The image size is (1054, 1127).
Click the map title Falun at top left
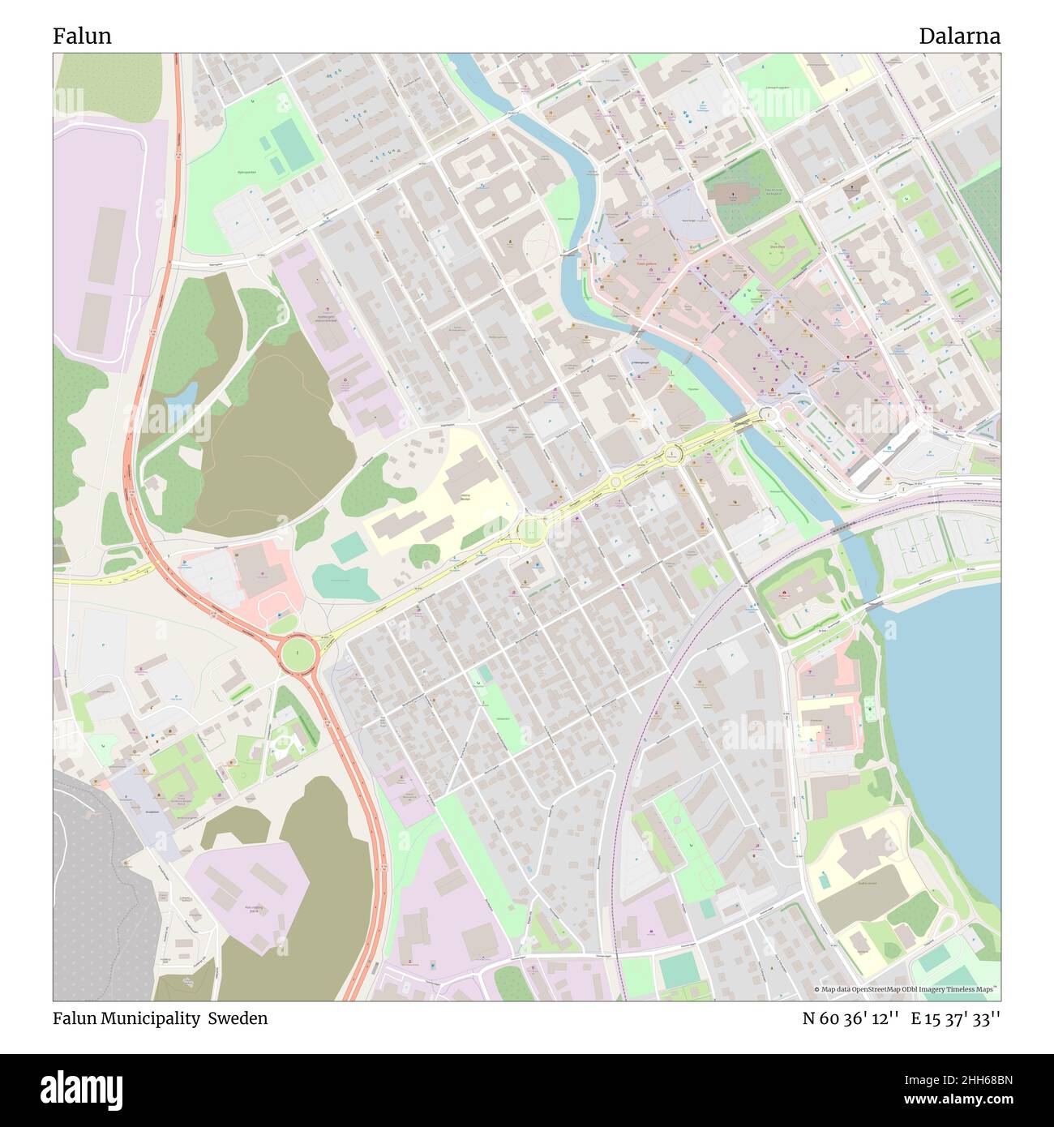82,36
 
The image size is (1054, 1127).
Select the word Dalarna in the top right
959,36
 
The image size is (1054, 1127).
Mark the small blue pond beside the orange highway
182,395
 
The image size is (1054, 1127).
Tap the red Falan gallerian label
647,264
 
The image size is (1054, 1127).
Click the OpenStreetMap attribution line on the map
906,989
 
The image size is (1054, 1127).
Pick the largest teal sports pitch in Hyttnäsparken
290,139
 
